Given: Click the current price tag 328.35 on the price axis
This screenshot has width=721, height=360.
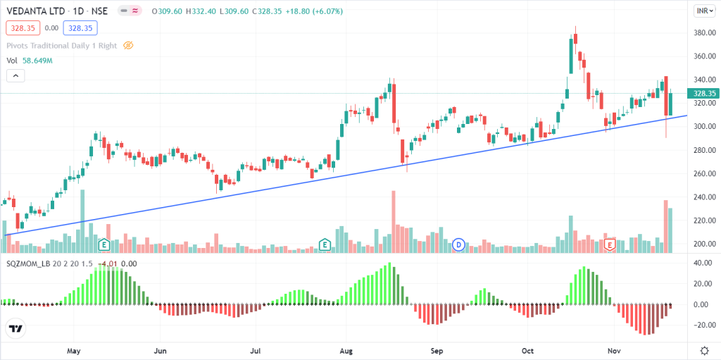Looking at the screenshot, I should pos(703,93).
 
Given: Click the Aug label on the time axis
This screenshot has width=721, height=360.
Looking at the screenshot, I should pos(346,350).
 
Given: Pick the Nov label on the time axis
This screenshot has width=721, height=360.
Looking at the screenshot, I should pos(614,350).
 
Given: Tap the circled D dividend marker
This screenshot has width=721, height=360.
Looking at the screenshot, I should pos(458,244).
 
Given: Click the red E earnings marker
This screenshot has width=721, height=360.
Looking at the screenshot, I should pos(610,244).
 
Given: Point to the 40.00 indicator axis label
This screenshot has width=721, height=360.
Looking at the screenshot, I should pos(701,263).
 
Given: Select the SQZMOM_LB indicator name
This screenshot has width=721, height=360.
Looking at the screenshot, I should pos(29,263).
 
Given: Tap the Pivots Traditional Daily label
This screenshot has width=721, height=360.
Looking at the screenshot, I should pos(62,45).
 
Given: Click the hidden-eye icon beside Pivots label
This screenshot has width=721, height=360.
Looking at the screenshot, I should pos(128,45).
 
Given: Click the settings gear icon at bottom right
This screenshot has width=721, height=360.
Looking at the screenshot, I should pos(703,350).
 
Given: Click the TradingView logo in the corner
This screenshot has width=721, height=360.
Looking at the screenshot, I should pos(15,329).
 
